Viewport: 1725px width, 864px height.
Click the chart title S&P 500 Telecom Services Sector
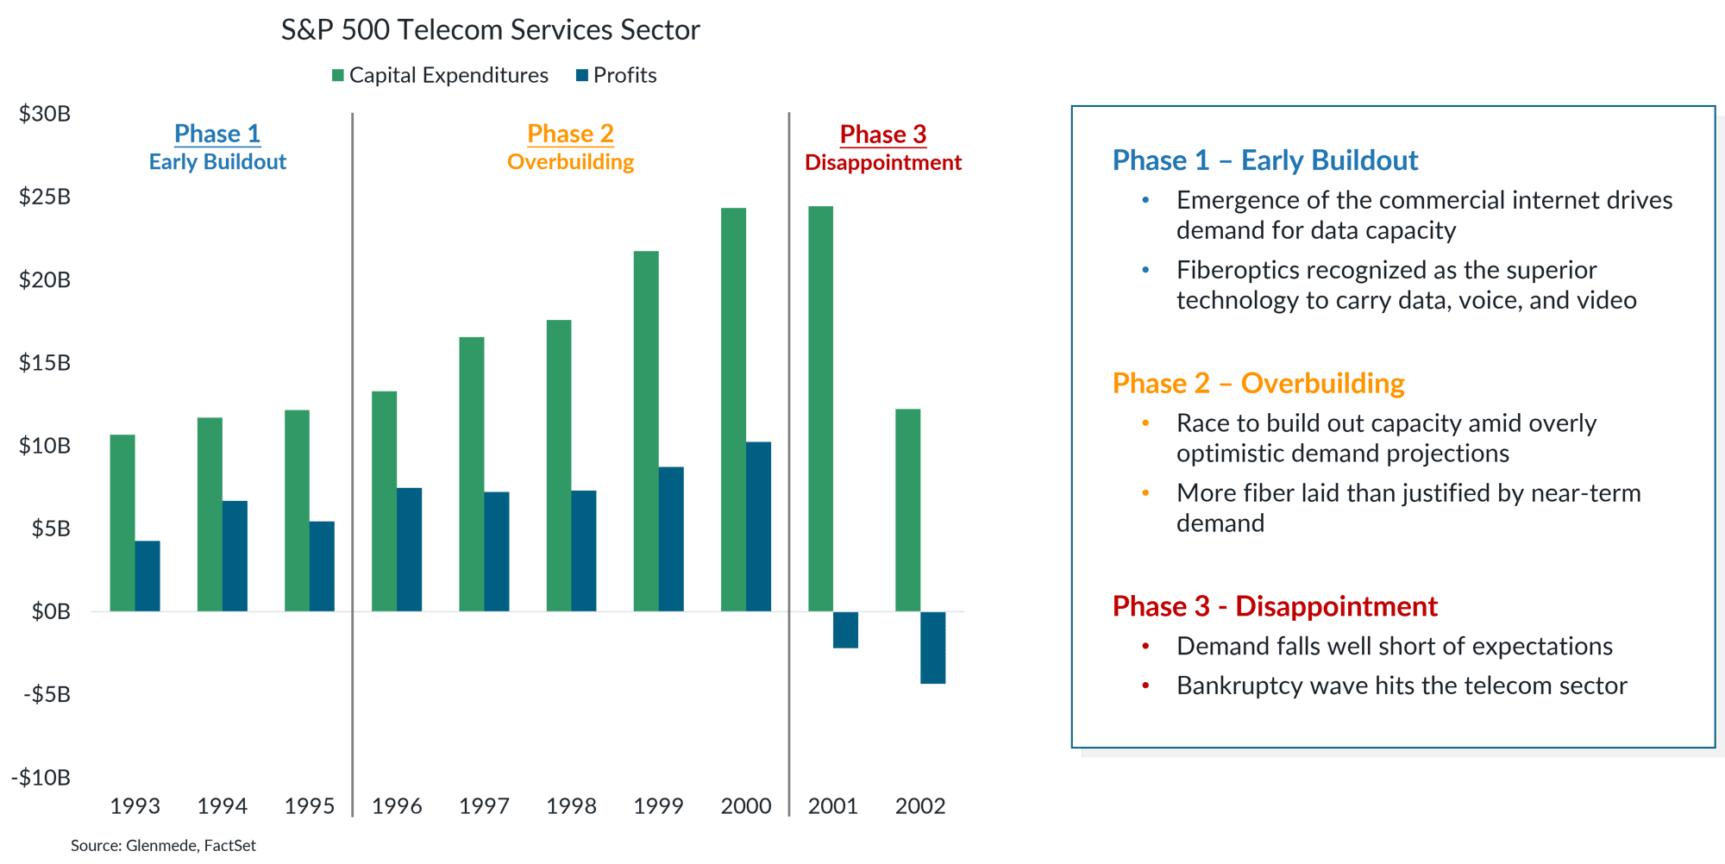pyautogui.click(x=490, y=30)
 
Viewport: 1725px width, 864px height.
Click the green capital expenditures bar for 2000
pyautogui.click(x=733, y=410)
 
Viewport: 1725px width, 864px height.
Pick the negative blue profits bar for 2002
pyautogui.click(x=932, y=648)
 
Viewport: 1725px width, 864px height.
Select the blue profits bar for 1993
pyautogui.click(x=147, y=576)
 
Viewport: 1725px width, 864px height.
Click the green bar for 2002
pyautogui.click(x=907, y=510)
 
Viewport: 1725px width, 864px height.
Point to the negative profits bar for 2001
pyautogui.click(x=845, y=630)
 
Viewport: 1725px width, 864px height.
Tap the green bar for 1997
pyautogui.click(x=471, y=473)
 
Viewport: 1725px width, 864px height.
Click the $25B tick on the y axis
pyautogui.click(x=45, y=197)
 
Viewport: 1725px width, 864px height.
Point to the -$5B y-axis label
pyautogui.click(x=47, y=694)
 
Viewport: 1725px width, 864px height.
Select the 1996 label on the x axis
pyautogui.click(x=396, y=806)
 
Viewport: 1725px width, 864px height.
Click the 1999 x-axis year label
pyautogui.click(x=658, y=806)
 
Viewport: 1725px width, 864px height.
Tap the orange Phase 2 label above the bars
pyautogui.click(x=570, y=134)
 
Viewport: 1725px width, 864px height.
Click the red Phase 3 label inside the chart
pyautogui.click(x=882, y=135)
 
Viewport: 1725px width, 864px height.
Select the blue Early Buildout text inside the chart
pyautogui.click(x=217, y=162)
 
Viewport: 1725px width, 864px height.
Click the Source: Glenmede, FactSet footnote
pyautogui.click(x=163, y=846)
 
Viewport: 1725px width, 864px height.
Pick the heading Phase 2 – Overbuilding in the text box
pyautogui.click(x=1258, y=383)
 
